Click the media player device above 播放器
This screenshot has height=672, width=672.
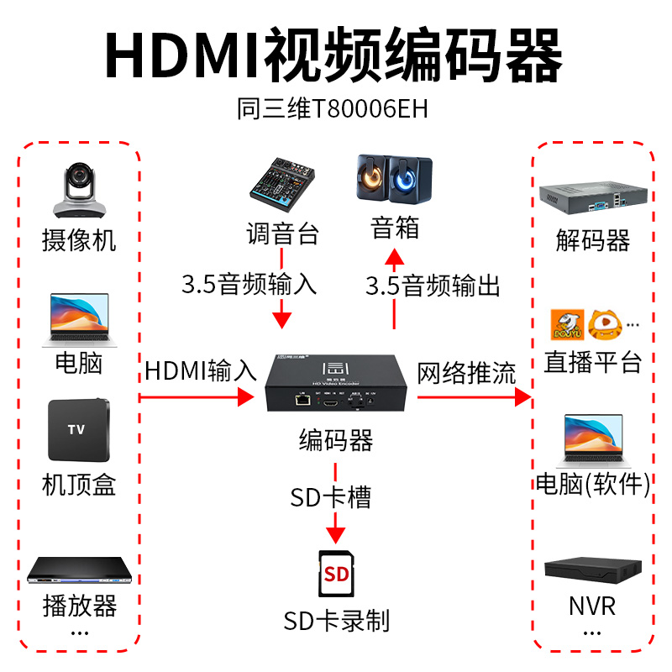click(78, 571)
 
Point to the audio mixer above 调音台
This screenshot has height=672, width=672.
click(282, 187)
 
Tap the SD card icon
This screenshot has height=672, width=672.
click(336, 575)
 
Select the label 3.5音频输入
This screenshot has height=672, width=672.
click(249, 284)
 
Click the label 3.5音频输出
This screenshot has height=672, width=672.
click(433, 286)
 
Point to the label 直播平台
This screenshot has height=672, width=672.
click(592, 362)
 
